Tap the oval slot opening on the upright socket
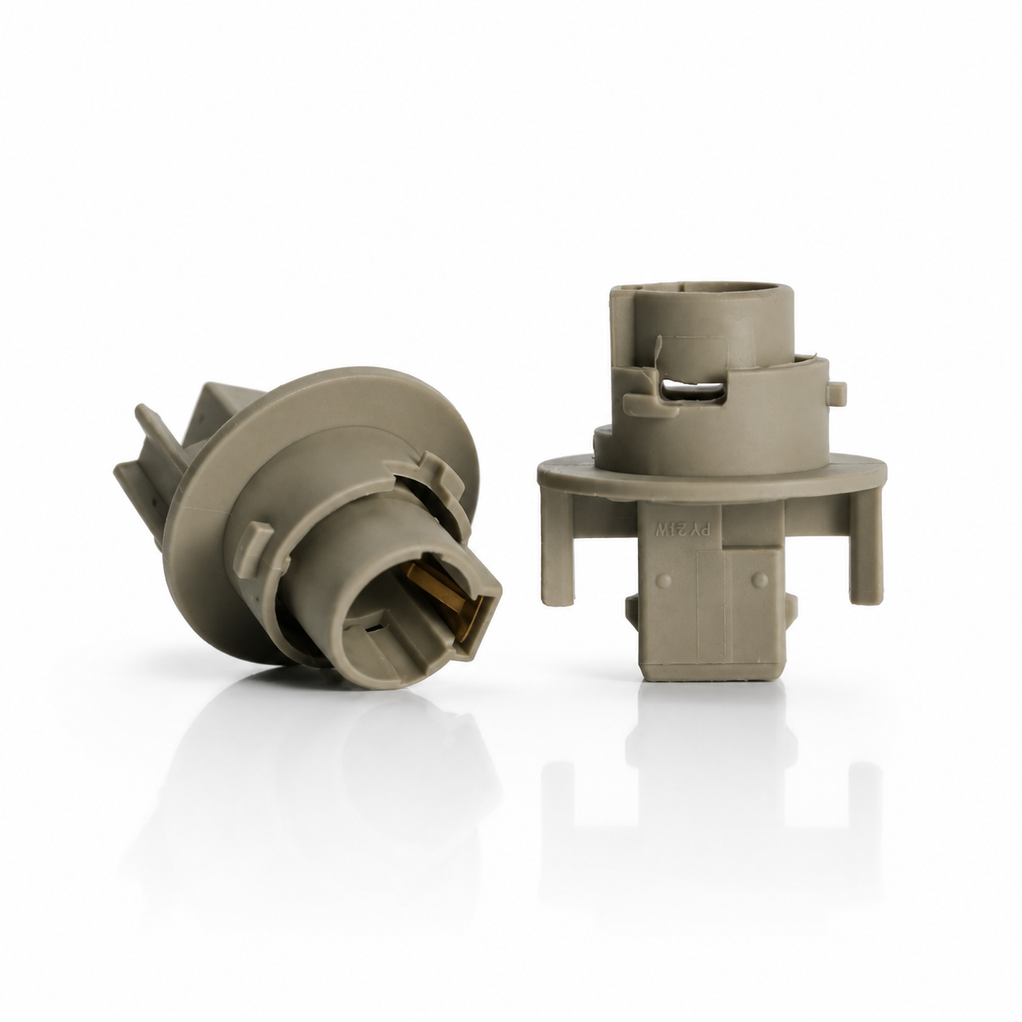coord(692,393)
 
